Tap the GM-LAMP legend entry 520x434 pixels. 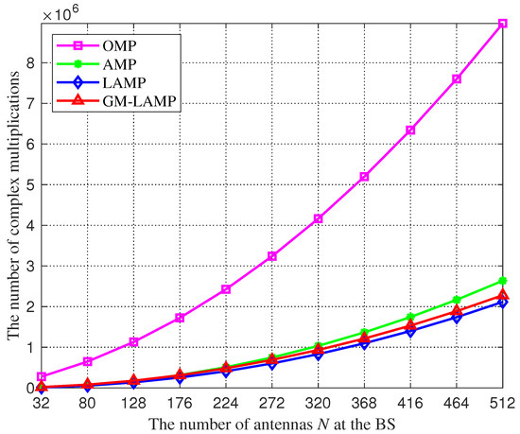[96, 96]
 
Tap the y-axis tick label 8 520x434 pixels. [27, 63]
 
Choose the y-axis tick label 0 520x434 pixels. [27, 388]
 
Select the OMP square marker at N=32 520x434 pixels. [42, 376]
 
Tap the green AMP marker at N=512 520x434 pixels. [501, 281]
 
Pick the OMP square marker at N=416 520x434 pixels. [409, 130]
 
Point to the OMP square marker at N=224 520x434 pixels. [225, 289]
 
